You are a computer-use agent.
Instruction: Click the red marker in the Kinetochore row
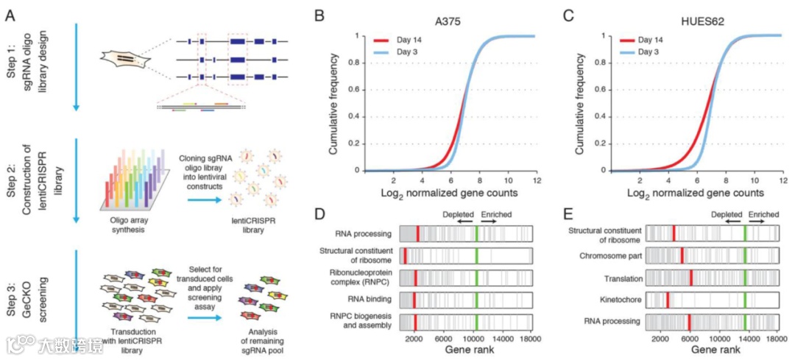668,300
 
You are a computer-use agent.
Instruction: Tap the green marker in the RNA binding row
476,300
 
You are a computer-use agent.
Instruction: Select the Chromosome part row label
604,256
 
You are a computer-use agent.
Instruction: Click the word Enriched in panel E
763,214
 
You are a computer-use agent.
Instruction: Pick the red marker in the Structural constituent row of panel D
404,256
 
